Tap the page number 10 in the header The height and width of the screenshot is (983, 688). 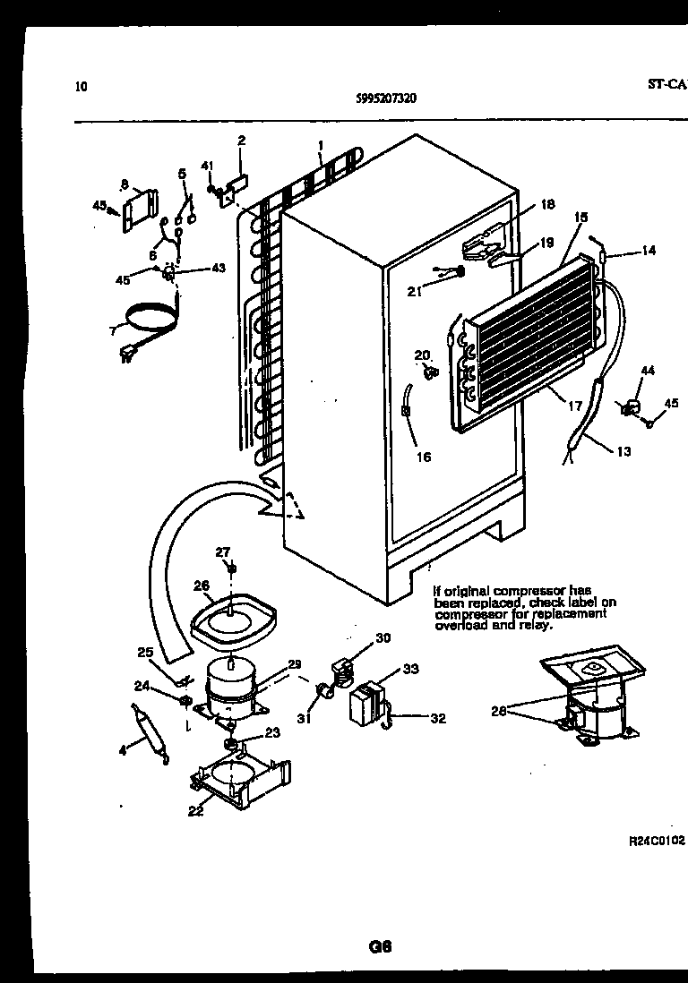82,87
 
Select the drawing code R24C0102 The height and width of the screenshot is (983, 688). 656,842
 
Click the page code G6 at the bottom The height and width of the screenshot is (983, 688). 382,945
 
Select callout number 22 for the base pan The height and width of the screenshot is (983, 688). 194,812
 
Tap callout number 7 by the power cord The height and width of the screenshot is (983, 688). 113,331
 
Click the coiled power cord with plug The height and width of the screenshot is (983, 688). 148,322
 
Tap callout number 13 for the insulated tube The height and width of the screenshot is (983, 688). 623,451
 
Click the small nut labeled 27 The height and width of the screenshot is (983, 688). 231,568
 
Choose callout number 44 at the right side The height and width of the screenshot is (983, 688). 647,370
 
